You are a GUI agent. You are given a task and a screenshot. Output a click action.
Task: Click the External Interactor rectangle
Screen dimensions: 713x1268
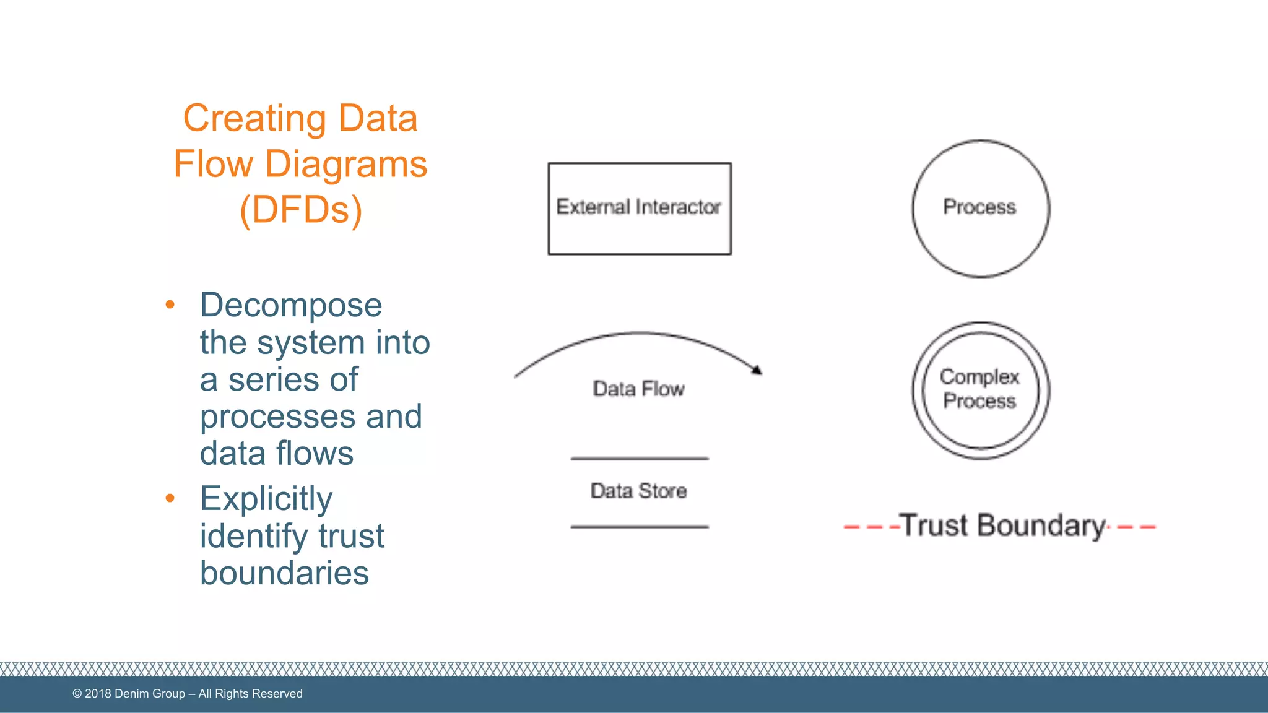[x=639, y=209]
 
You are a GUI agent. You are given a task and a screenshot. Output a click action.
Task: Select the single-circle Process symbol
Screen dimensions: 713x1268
[x=980, y=209]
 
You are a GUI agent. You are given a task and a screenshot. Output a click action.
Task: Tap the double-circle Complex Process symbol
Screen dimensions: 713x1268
[x=980, y=390]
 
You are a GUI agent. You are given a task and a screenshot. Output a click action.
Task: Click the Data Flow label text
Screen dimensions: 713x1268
[x=638, y=389]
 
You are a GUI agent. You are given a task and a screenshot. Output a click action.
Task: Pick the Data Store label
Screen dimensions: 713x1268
[x=638, y=491]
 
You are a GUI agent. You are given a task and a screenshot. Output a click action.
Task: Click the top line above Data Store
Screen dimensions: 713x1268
[x=639, y=459]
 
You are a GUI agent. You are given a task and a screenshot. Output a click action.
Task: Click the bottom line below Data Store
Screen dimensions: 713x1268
[x=639, y=527]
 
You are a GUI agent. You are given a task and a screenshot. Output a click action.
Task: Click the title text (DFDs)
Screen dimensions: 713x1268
[x=300, y=210]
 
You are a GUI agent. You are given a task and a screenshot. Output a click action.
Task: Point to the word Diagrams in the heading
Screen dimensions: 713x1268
[x=345, y=164]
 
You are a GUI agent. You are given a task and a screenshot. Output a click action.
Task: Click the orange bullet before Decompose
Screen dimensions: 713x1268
[x=170, y=305]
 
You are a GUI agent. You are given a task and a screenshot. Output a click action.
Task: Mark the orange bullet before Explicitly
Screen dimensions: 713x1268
[x=170, y=498]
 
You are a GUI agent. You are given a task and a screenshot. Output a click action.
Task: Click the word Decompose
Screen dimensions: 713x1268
[x=290, y=305]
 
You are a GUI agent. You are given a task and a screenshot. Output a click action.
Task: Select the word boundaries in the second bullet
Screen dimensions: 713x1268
[x=284, y=573]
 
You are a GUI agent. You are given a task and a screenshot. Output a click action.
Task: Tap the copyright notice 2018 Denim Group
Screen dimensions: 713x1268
[x=187, y=694]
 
